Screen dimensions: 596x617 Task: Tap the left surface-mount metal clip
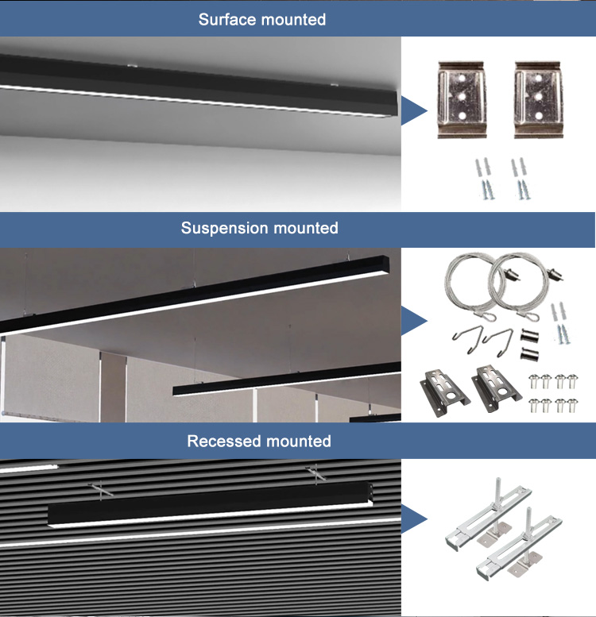coord(462,99)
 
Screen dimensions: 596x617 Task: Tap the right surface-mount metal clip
coord(538,99)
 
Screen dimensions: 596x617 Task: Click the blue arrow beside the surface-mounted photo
coord(414,110)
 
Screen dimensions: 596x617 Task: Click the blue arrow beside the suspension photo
coord(414,320)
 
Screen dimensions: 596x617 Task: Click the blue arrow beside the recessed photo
coord(414,519)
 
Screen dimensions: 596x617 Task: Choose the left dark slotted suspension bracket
coord(445,393)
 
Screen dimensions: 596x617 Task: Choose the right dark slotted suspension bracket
coord(496,389)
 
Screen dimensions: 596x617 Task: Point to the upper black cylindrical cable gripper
coord(530,337)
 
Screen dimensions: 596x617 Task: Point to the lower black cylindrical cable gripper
coord(530,353)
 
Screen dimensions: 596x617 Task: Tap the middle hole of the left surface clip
coord(462,95)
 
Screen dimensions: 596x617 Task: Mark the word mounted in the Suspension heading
coord(306,228)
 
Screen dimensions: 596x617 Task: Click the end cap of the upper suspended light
coord(385,264)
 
